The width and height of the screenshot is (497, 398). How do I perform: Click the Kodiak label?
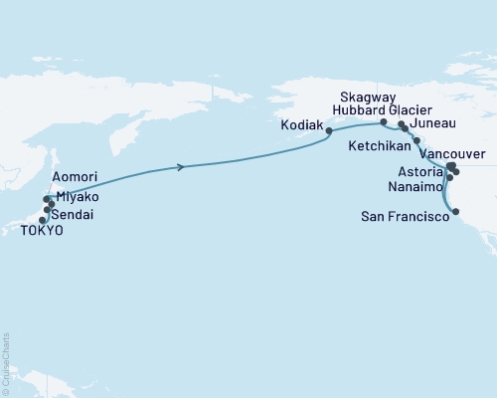(302, 128)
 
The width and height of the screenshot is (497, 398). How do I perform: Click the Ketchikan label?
(378, 144)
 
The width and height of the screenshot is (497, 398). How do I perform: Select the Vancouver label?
(452, 154)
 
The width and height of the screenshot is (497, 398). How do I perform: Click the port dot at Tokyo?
(43, 220)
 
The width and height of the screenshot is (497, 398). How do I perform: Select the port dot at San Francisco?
(455, 211)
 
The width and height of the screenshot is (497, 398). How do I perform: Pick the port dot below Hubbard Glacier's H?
(384, 122)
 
